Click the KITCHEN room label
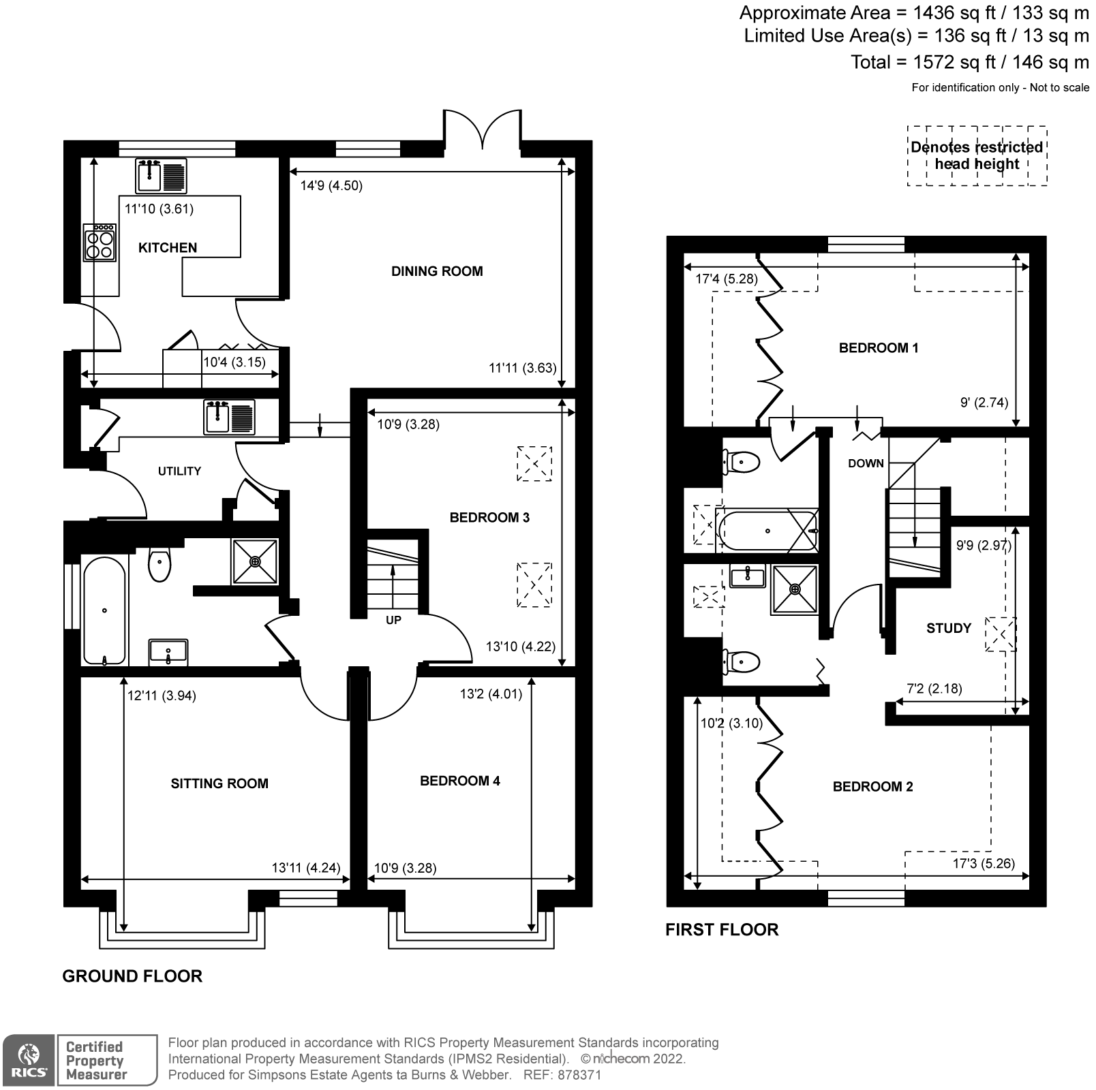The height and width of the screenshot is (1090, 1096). [x=167, y=248]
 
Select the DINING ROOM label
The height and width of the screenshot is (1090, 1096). [x=437, y=271]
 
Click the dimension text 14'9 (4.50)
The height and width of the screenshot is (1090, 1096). [x=331, y=185]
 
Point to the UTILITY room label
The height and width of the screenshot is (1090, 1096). [x=179, y=471]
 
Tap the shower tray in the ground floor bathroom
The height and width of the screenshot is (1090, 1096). [x=255, y=561]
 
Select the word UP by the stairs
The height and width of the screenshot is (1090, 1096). [x=393, y=620]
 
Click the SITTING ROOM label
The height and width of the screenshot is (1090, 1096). [x=219, y=783]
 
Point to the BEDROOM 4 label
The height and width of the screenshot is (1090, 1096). [x=459, y=781]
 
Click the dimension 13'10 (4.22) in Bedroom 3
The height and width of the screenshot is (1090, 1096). [x=521, y=647]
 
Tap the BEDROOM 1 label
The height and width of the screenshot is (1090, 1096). [x=878, y=348]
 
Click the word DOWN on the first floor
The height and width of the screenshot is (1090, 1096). [x=866, y=463]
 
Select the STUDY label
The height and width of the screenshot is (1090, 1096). [x=948, y=628]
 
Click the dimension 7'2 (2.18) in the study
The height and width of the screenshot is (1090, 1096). [x=934, y=689]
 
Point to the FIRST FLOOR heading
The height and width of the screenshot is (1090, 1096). [x=721, y=930]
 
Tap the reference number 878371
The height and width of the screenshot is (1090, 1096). [x=579, y=1075]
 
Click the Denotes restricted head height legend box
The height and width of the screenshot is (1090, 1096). [x=976, y=156]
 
